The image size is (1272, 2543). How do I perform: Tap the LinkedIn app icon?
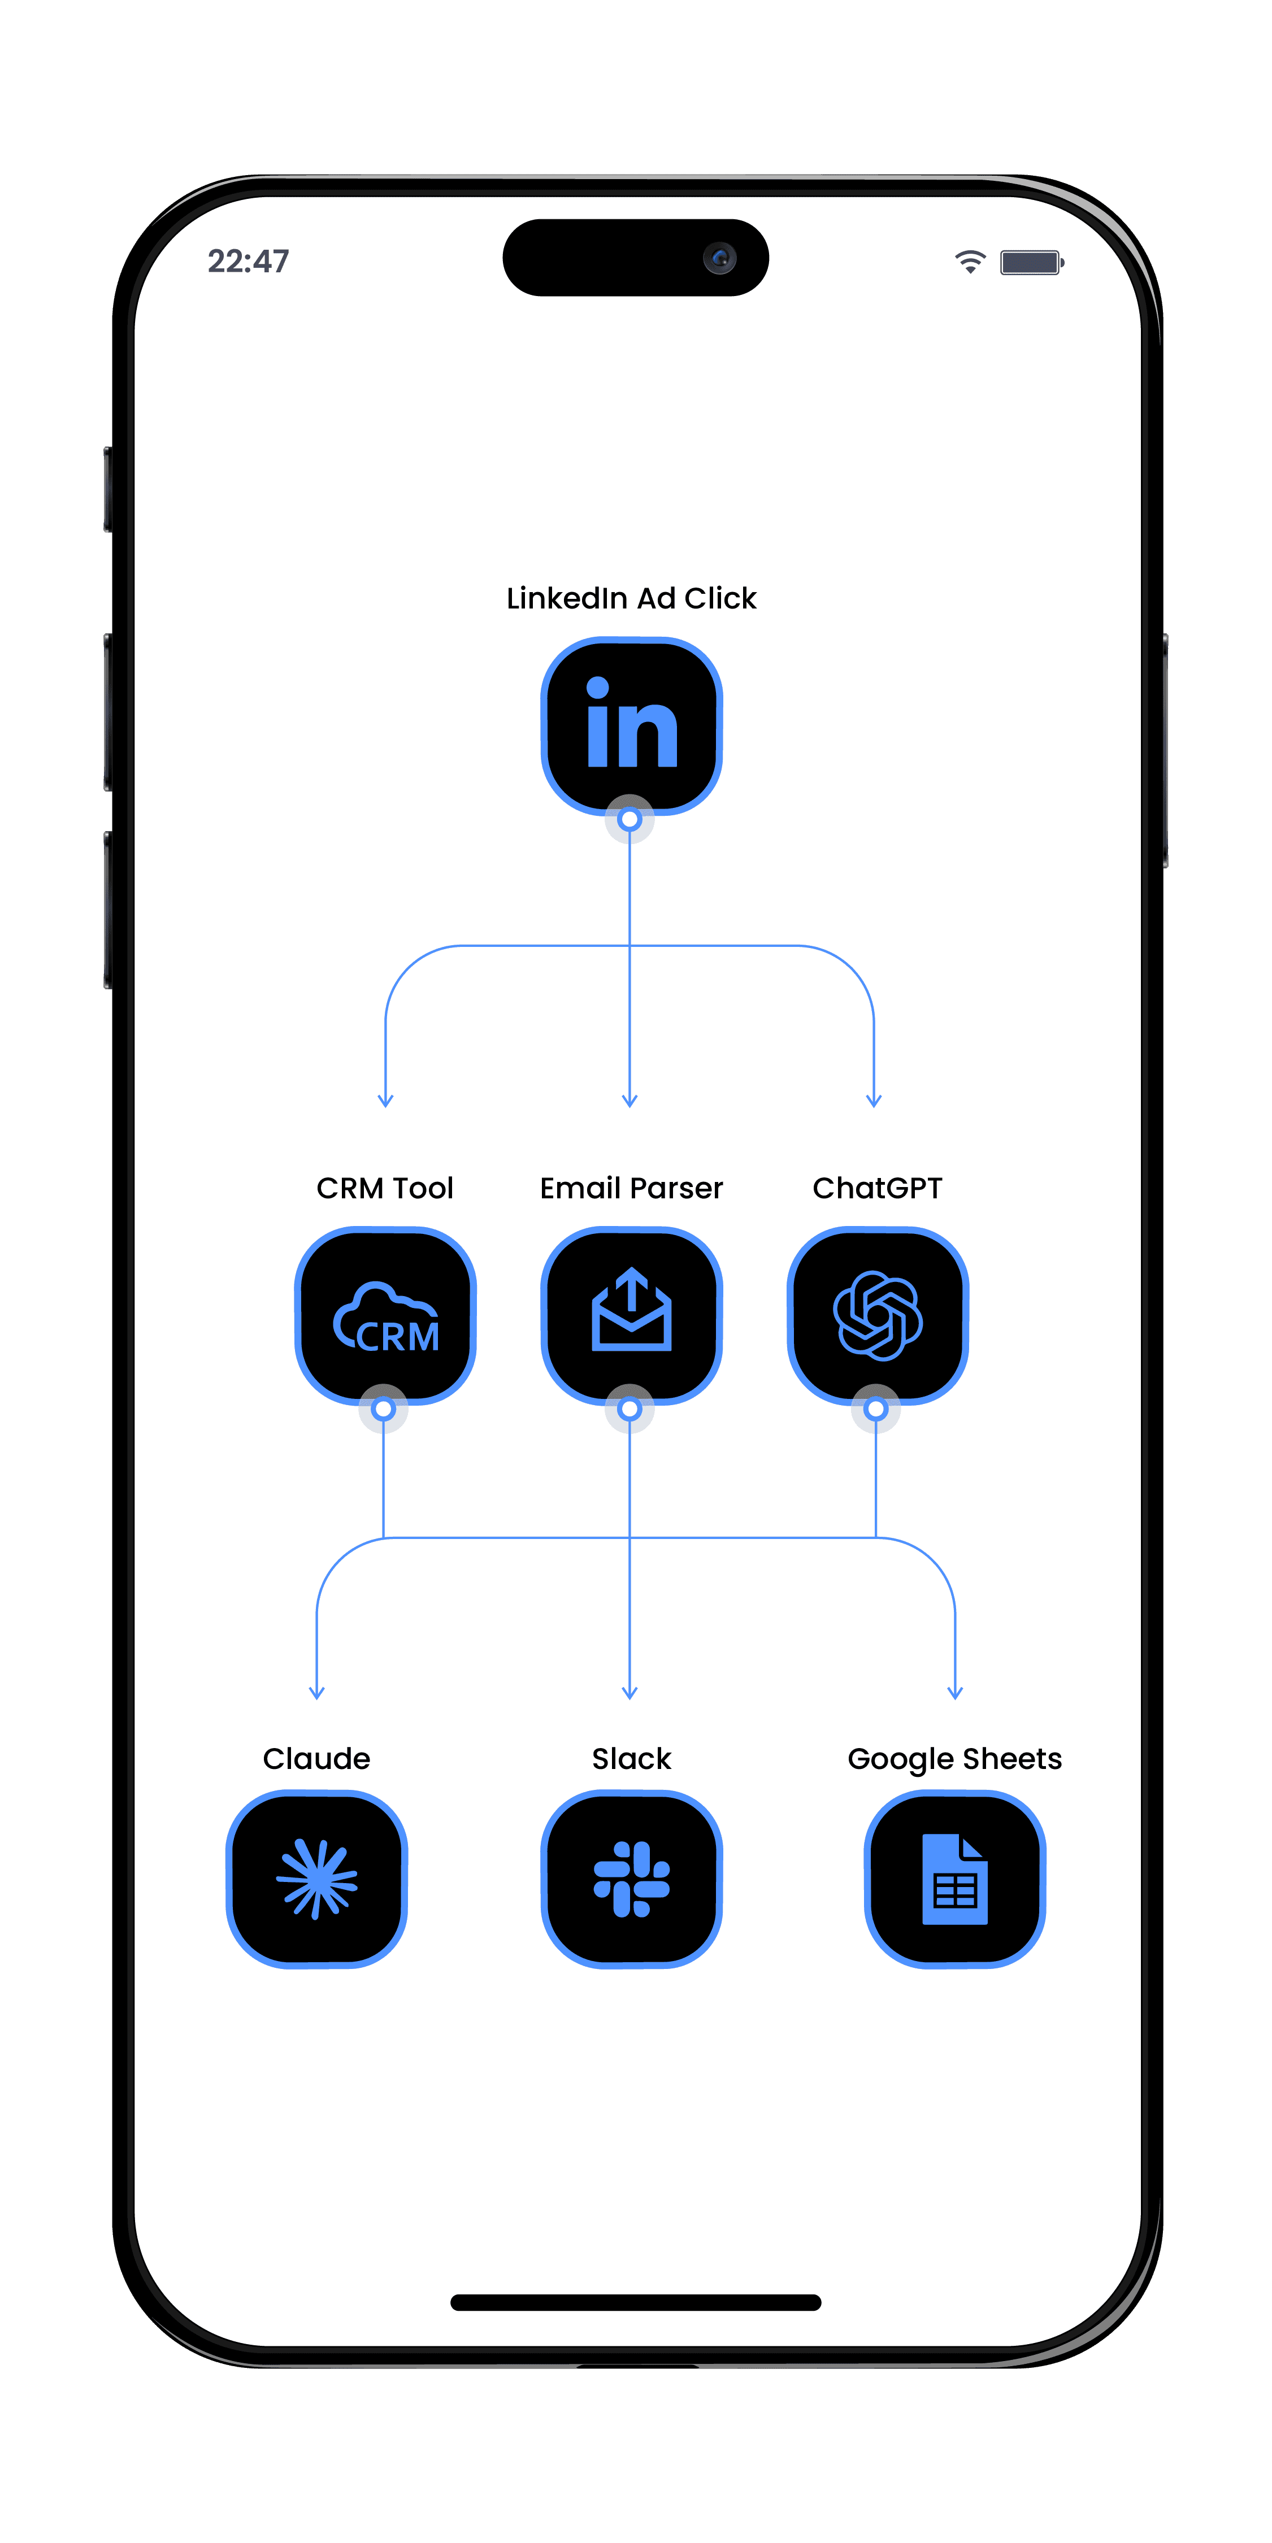(x=631, y=725)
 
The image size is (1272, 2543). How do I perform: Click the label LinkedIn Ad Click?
(x=631, y=598)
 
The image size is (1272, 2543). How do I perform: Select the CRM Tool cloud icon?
(x=385, y=1316)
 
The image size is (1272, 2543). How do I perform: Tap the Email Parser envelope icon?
(x=631, y=1313)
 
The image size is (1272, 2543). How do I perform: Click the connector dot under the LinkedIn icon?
(x=629, y=819)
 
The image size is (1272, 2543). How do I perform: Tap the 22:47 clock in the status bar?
(x=248, y=262)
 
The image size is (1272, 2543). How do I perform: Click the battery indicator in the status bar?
(x=1031, y=263)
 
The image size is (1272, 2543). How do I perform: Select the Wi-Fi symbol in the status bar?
(x=970, y=262)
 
